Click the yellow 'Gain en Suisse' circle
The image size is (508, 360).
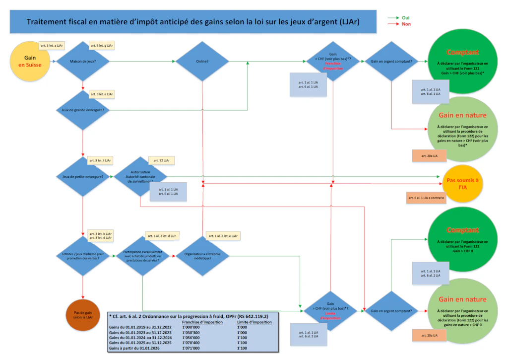[x=30, y=61]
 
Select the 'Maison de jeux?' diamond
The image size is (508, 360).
[x=83, y=61]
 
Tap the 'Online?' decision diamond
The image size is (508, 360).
[x=201, y=61]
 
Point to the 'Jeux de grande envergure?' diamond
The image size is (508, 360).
[x=83, y=110]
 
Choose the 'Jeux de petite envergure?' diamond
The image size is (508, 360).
[x=83, y=177]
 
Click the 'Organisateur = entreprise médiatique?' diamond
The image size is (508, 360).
[x=201, y=257]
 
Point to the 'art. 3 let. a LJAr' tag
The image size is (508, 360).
[x=52, y=45]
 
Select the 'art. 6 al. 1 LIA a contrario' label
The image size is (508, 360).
[x=426, y=198]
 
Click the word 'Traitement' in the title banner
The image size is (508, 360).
[x=46, y=22]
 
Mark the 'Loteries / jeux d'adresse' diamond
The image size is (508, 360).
[x=83, y=257]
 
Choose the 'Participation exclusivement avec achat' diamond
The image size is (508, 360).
[x=142, y=257]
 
